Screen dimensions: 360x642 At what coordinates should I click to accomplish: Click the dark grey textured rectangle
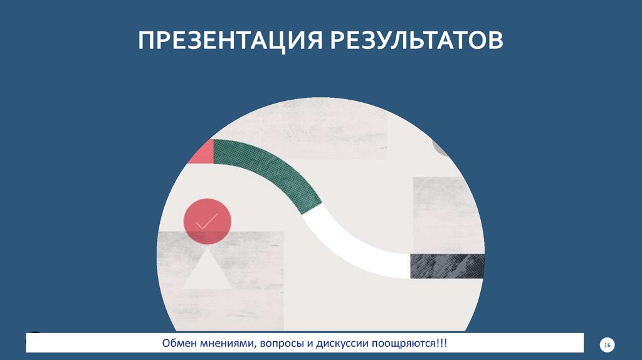[x=447, y=266]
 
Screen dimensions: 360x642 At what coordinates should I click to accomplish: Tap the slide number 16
[x=607, y=346]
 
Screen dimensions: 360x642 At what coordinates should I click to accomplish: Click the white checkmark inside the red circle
[x=207, y=221]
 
